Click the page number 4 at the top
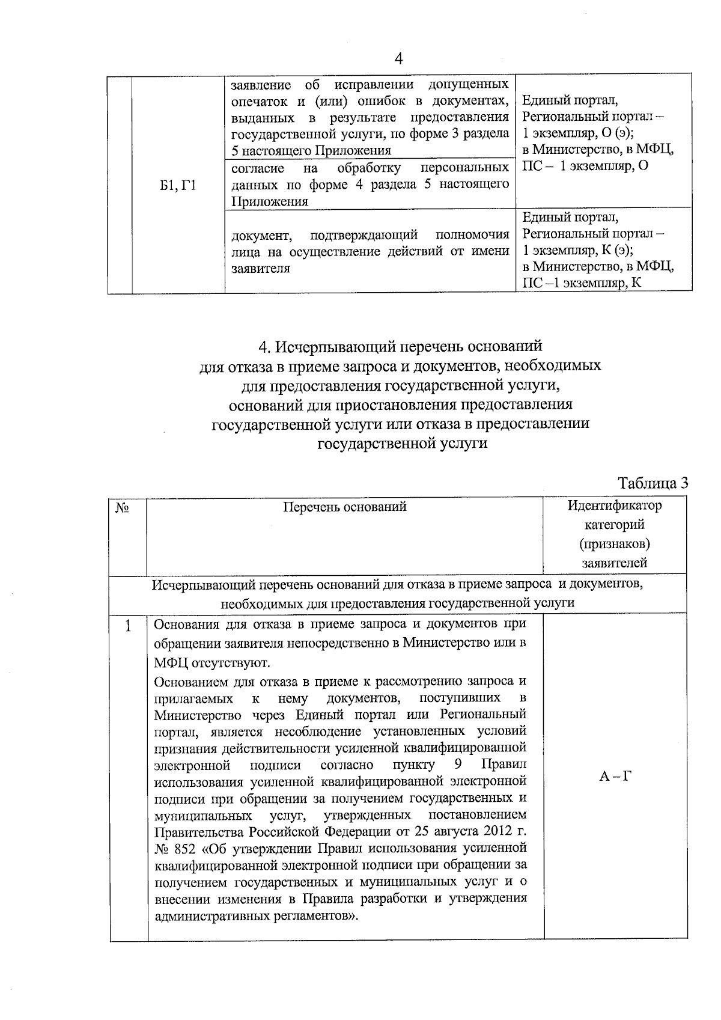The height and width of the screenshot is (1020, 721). (398, 59)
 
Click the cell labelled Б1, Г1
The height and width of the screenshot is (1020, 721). (178, 186)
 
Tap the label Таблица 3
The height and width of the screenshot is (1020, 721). (653, 483)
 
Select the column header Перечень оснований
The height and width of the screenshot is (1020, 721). (345, 507)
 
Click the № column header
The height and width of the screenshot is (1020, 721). (123, 507)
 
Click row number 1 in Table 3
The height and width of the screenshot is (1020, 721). (128, 626)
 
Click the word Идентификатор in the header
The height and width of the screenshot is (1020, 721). (615, 505)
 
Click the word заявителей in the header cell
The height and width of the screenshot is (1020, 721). (615, 563)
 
